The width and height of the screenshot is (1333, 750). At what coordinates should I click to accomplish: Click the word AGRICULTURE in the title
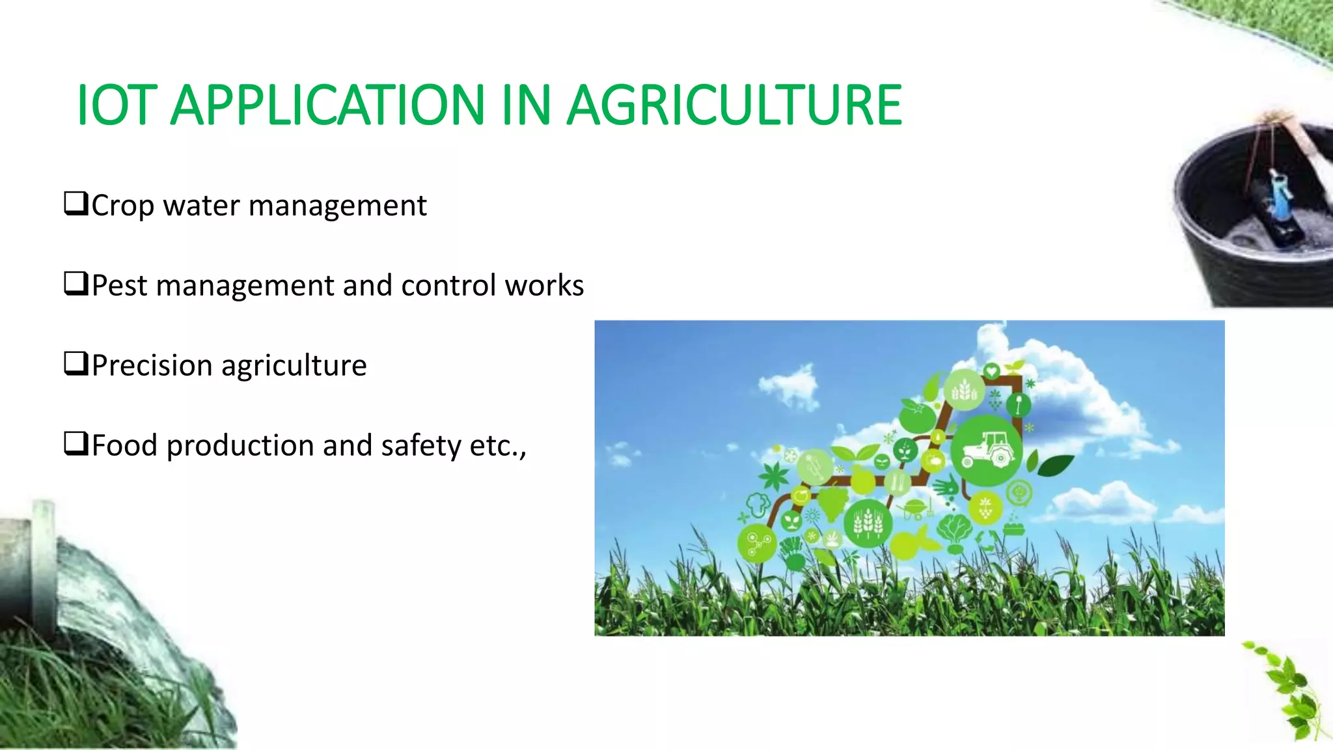coord(734,105)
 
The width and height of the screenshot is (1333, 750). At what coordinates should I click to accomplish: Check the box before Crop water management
coord(76,204)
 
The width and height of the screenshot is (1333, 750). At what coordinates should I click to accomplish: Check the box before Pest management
coord(76,284)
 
